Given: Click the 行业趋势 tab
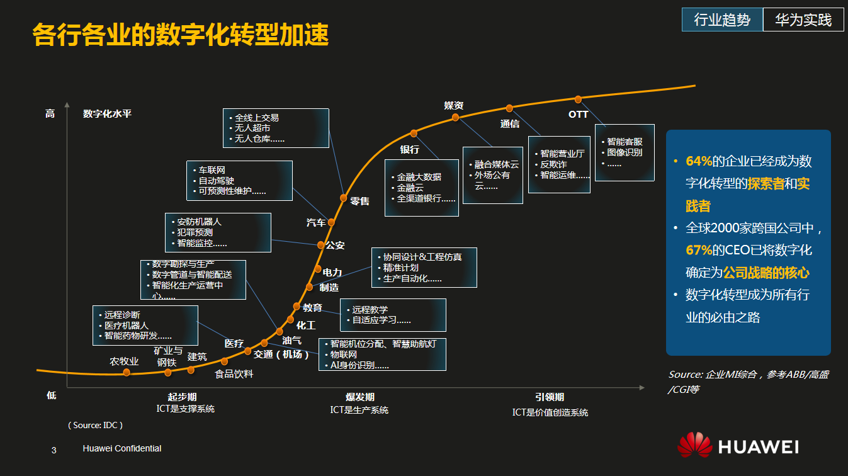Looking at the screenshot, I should pyautogui.click(x=722, y=20).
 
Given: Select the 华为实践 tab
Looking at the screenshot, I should pyautogui.click(x=803, y=20).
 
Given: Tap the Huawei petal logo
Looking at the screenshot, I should pyautogui.click(x=694, y=445).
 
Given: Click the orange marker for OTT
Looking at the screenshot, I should pyautogui.click(x=578, y=99).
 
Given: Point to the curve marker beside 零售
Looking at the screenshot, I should pyautogui.click(x=344, y=197).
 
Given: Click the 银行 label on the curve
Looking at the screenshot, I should pyautogui.click(x=410, y=149).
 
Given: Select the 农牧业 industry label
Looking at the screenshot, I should pyautogui.click(x=124, y=361).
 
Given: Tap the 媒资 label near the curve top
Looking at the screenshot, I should pyautogui.click(x=454, y=105).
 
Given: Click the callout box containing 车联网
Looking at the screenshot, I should pyautogui.click(x=239, y=181).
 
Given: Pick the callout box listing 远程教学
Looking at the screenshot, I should pyautogui.click(x=393, y=315).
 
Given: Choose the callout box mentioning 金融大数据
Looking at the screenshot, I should pyautogui.click(x=421, y=188).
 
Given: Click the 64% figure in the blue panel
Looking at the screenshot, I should pyautogui.click(x=699, y=161).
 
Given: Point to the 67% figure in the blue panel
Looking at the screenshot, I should pyautogui.click(x=699, y=250).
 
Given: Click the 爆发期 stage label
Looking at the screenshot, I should pyautogui.click(x=360, y=397).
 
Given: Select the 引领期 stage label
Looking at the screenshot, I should pyautogui.click(x=550, y=397).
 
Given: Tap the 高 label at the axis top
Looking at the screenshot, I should pyautogui.click(x=50, y=114).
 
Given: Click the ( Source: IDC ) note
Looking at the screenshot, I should pyautogui.click(x=96, y=425).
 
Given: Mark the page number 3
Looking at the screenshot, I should pyautogui.click(x=54, y=450).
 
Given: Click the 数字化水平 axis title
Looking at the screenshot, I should pyautogui.click(x=107, y=114).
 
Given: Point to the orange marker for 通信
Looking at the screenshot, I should pyautogui.click(x=509, y=108).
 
